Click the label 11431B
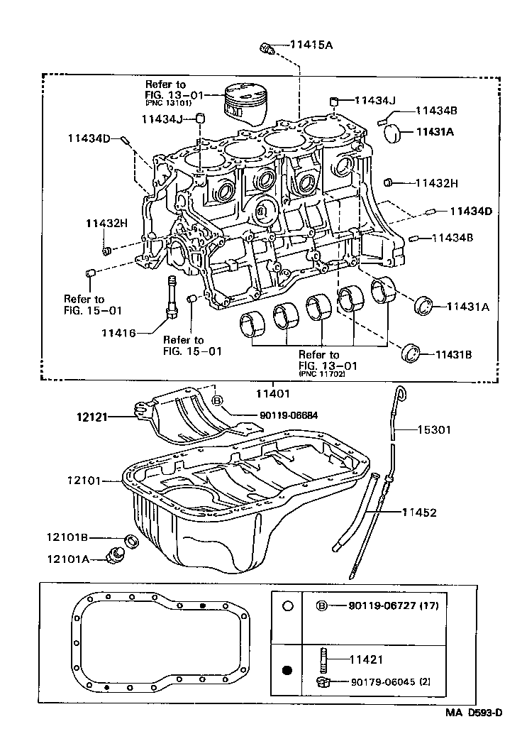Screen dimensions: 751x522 455,353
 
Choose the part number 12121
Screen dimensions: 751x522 92,417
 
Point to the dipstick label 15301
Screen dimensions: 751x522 433,429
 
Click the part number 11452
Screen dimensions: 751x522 419,512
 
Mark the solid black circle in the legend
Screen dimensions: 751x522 287,669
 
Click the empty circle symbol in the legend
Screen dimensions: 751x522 287,606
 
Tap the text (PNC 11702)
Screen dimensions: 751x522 322,374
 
